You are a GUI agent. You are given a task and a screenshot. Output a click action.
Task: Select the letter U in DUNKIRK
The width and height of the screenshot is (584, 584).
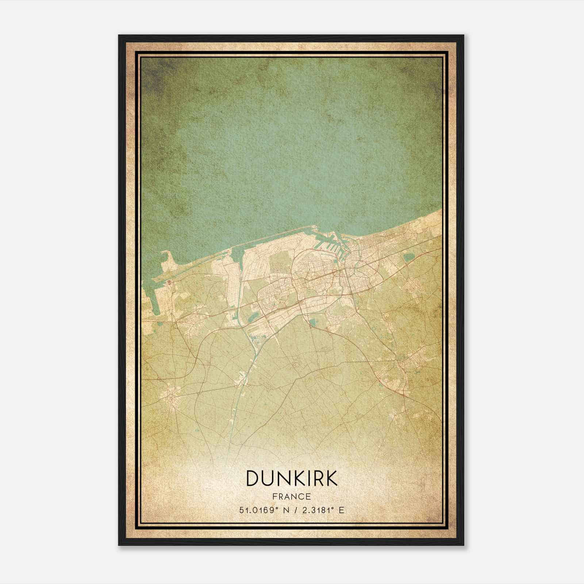(269, 478)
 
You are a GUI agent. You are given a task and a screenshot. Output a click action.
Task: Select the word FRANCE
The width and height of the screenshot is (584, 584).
(292, 496)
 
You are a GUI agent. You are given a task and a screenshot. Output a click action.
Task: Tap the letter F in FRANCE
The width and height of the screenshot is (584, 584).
(274, 496)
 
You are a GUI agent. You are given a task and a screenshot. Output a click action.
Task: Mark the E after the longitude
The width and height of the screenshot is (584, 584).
(341, 510)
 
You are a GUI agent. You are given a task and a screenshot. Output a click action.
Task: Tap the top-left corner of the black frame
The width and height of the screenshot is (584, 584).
(119, 36)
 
